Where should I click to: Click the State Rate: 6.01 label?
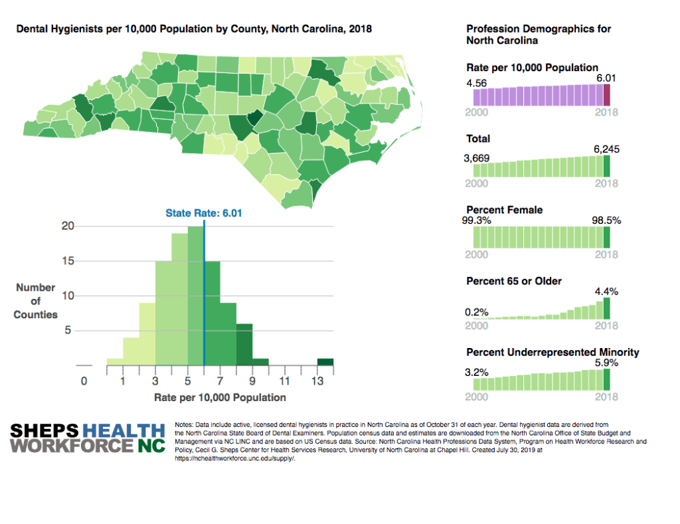[x=203, y=213]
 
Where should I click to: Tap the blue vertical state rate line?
[x=204, y=299]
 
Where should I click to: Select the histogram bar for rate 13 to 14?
[x=325, y=362]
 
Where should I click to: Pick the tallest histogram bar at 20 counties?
[x=196, y=296]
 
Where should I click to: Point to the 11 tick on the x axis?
[x=284, y=381]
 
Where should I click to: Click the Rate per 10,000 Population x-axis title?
[x=220, y=398]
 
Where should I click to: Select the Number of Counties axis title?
[x=36, y=301]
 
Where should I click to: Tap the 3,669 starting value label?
[x=477, y=159]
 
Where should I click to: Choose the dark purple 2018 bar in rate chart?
[x=606, y=95]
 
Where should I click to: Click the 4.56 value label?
[x=477, y=83]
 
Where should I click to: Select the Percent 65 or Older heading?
[x=514, y=281]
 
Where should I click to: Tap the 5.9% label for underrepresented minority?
[x=607, y=363]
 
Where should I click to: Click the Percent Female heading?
[x=505, y=210]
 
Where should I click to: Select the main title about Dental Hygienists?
[x=194, y=29]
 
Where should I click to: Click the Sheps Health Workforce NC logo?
[x=88, y=438]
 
